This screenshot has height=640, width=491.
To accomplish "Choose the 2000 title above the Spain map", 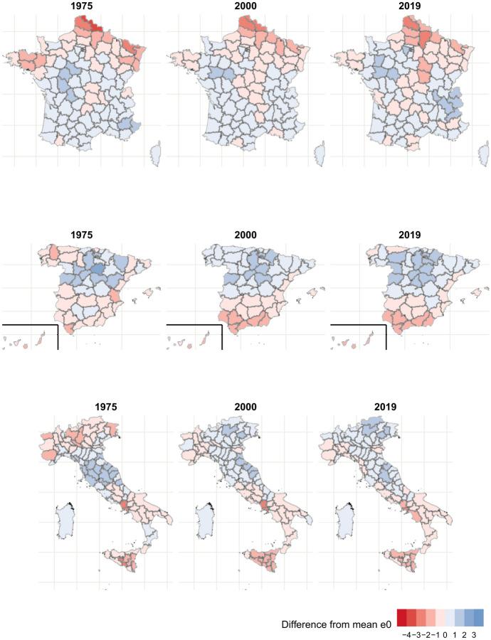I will click(243, 234).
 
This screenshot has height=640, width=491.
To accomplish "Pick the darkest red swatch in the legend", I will click(403, 616).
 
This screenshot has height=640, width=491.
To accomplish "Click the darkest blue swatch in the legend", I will click(477, 616).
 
